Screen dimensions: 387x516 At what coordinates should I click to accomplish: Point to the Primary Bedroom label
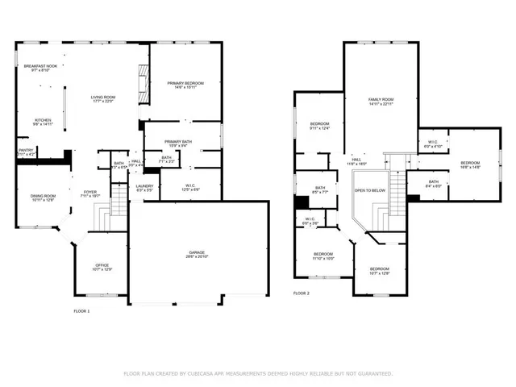click(185, 83)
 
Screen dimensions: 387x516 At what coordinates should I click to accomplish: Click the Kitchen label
click(42, 120)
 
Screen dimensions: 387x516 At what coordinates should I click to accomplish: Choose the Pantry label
click(26, 150)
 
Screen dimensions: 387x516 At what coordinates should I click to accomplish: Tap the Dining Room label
click(43, 196)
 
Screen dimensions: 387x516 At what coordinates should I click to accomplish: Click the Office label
click(102, 264)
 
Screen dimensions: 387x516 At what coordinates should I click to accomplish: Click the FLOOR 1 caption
click(81, 310)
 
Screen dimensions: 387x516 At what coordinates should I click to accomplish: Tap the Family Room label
click(381, 99)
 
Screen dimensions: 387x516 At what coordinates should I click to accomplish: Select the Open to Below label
click(369, 190)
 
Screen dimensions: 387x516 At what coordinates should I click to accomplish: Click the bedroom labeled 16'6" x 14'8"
click(470, 164)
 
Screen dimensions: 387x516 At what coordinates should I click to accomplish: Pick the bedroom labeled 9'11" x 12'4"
click(319, 124)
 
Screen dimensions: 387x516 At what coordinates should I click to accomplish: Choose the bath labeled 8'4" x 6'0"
click(434, 182)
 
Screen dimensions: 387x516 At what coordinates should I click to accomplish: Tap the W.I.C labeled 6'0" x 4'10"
click(433, 144)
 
